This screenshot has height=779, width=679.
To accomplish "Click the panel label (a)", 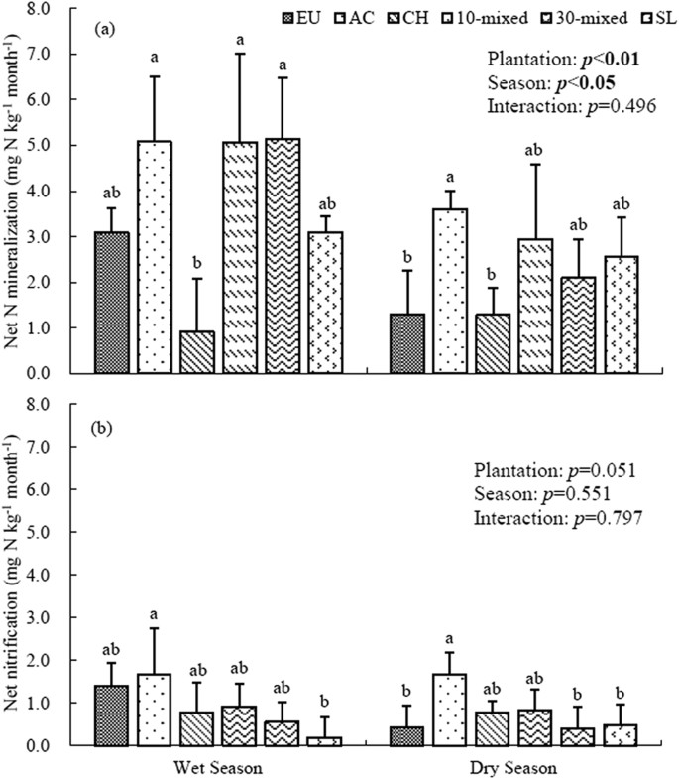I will pos(104,30).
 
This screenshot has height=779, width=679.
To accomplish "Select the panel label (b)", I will pos(104,429).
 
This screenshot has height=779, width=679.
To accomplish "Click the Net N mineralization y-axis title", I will pos(25,189).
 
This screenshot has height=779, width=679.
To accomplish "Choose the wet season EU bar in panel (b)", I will pos(110,714).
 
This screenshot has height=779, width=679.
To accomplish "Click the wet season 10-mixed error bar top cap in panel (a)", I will pos(241,54).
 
